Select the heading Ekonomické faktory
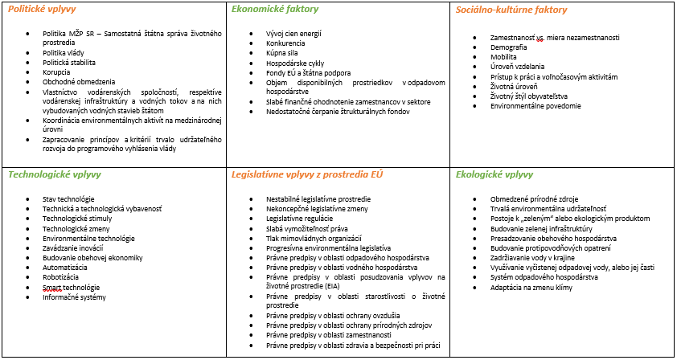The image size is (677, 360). coord(274,10)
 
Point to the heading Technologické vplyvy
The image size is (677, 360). coord(53,174)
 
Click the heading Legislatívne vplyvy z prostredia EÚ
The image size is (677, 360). coord(302,174)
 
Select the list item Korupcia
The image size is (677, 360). coord(59,72)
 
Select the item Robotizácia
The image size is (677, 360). coord(64,277)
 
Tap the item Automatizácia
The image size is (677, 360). coord(67,268)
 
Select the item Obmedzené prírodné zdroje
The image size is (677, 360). coord(533,199)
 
